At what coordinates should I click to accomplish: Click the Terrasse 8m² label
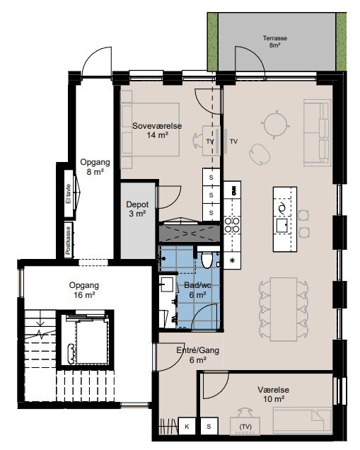pos(275,42)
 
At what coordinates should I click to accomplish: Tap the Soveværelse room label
pos(157,126)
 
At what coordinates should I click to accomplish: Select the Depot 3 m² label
pos(137,209)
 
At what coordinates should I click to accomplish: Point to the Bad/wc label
pos(197,285)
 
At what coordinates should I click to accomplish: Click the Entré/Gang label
pos(197,350)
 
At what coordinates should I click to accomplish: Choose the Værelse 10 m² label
pos(274,394)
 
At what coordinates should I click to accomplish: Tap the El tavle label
pos(68,194)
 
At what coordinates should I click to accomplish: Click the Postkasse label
pos(68,241)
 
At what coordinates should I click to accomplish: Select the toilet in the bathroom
pos(207,258)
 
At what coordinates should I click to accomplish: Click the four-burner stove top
pos(232,225)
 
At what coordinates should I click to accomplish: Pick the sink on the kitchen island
pos(281,226)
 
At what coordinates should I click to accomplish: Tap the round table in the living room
pos(275,125)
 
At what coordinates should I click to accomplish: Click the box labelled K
pos(187,426)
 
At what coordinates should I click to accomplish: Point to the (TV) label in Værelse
pos(245,427)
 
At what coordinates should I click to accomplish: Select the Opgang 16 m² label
pos(84,290)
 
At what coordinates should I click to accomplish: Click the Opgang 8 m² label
pos(95,167)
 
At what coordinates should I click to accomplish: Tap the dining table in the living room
pos(284,309)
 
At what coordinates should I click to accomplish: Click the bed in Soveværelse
pos(150,129)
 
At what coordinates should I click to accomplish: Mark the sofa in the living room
pos(318,132)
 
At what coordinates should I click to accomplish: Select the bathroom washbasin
pos(167,284)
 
